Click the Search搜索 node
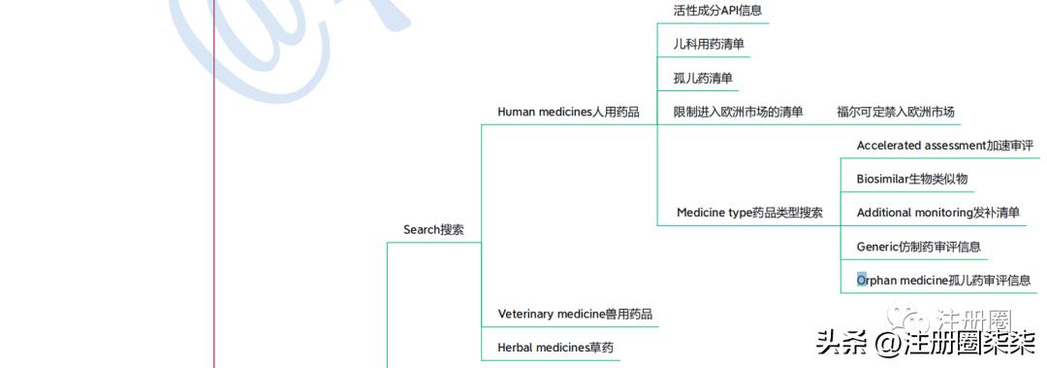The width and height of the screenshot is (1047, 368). (433, 230)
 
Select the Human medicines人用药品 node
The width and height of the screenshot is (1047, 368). (568, 112)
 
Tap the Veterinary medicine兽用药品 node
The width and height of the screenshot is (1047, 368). (575, 315)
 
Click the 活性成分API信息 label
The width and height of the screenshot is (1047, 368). (717, 11)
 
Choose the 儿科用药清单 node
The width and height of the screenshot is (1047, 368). (709, 44)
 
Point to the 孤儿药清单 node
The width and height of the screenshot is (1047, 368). (703, 78)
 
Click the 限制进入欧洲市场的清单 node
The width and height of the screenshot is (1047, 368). (738, 112)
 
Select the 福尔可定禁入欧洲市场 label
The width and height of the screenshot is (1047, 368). (896, 112)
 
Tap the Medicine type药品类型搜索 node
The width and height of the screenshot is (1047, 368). (749, 213)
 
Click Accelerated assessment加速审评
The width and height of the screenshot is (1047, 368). (945, 146)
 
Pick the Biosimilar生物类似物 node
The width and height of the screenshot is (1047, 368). (911, 179)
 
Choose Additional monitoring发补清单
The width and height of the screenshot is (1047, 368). (937, 213)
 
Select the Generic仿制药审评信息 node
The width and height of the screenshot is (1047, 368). (918, 247)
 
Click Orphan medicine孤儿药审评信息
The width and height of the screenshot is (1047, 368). (943, 281)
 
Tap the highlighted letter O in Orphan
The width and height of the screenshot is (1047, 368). (862, 281)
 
